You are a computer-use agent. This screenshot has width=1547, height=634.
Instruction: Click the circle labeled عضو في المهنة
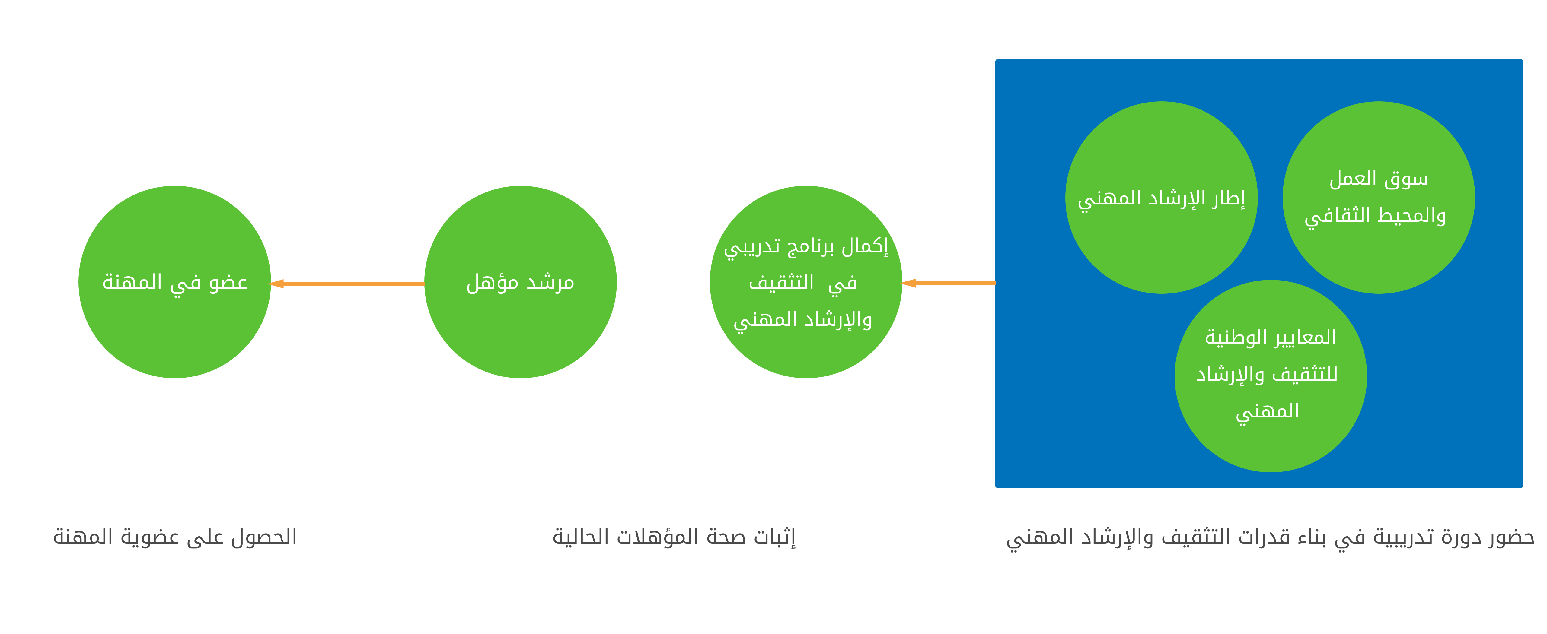click(x=175, y=282)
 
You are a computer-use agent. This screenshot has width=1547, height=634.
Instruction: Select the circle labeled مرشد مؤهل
click(x=521, y=282)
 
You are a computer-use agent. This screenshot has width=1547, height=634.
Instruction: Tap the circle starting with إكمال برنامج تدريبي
click(x=806, y=282)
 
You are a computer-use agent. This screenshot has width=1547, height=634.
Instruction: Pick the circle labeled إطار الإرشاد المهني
click(x=1161, y=198)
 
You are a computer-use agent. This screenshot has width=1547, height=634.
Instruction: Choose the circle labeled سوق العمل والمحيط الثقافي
click(x=1379, y=198)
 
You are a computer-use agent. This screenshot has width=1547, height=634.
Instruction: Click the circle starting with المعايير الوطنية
click(x=1271, y=376)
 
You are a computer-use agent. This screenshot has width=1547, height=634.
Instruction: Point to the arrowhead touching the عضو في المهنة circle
click(x=276, y=284)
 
